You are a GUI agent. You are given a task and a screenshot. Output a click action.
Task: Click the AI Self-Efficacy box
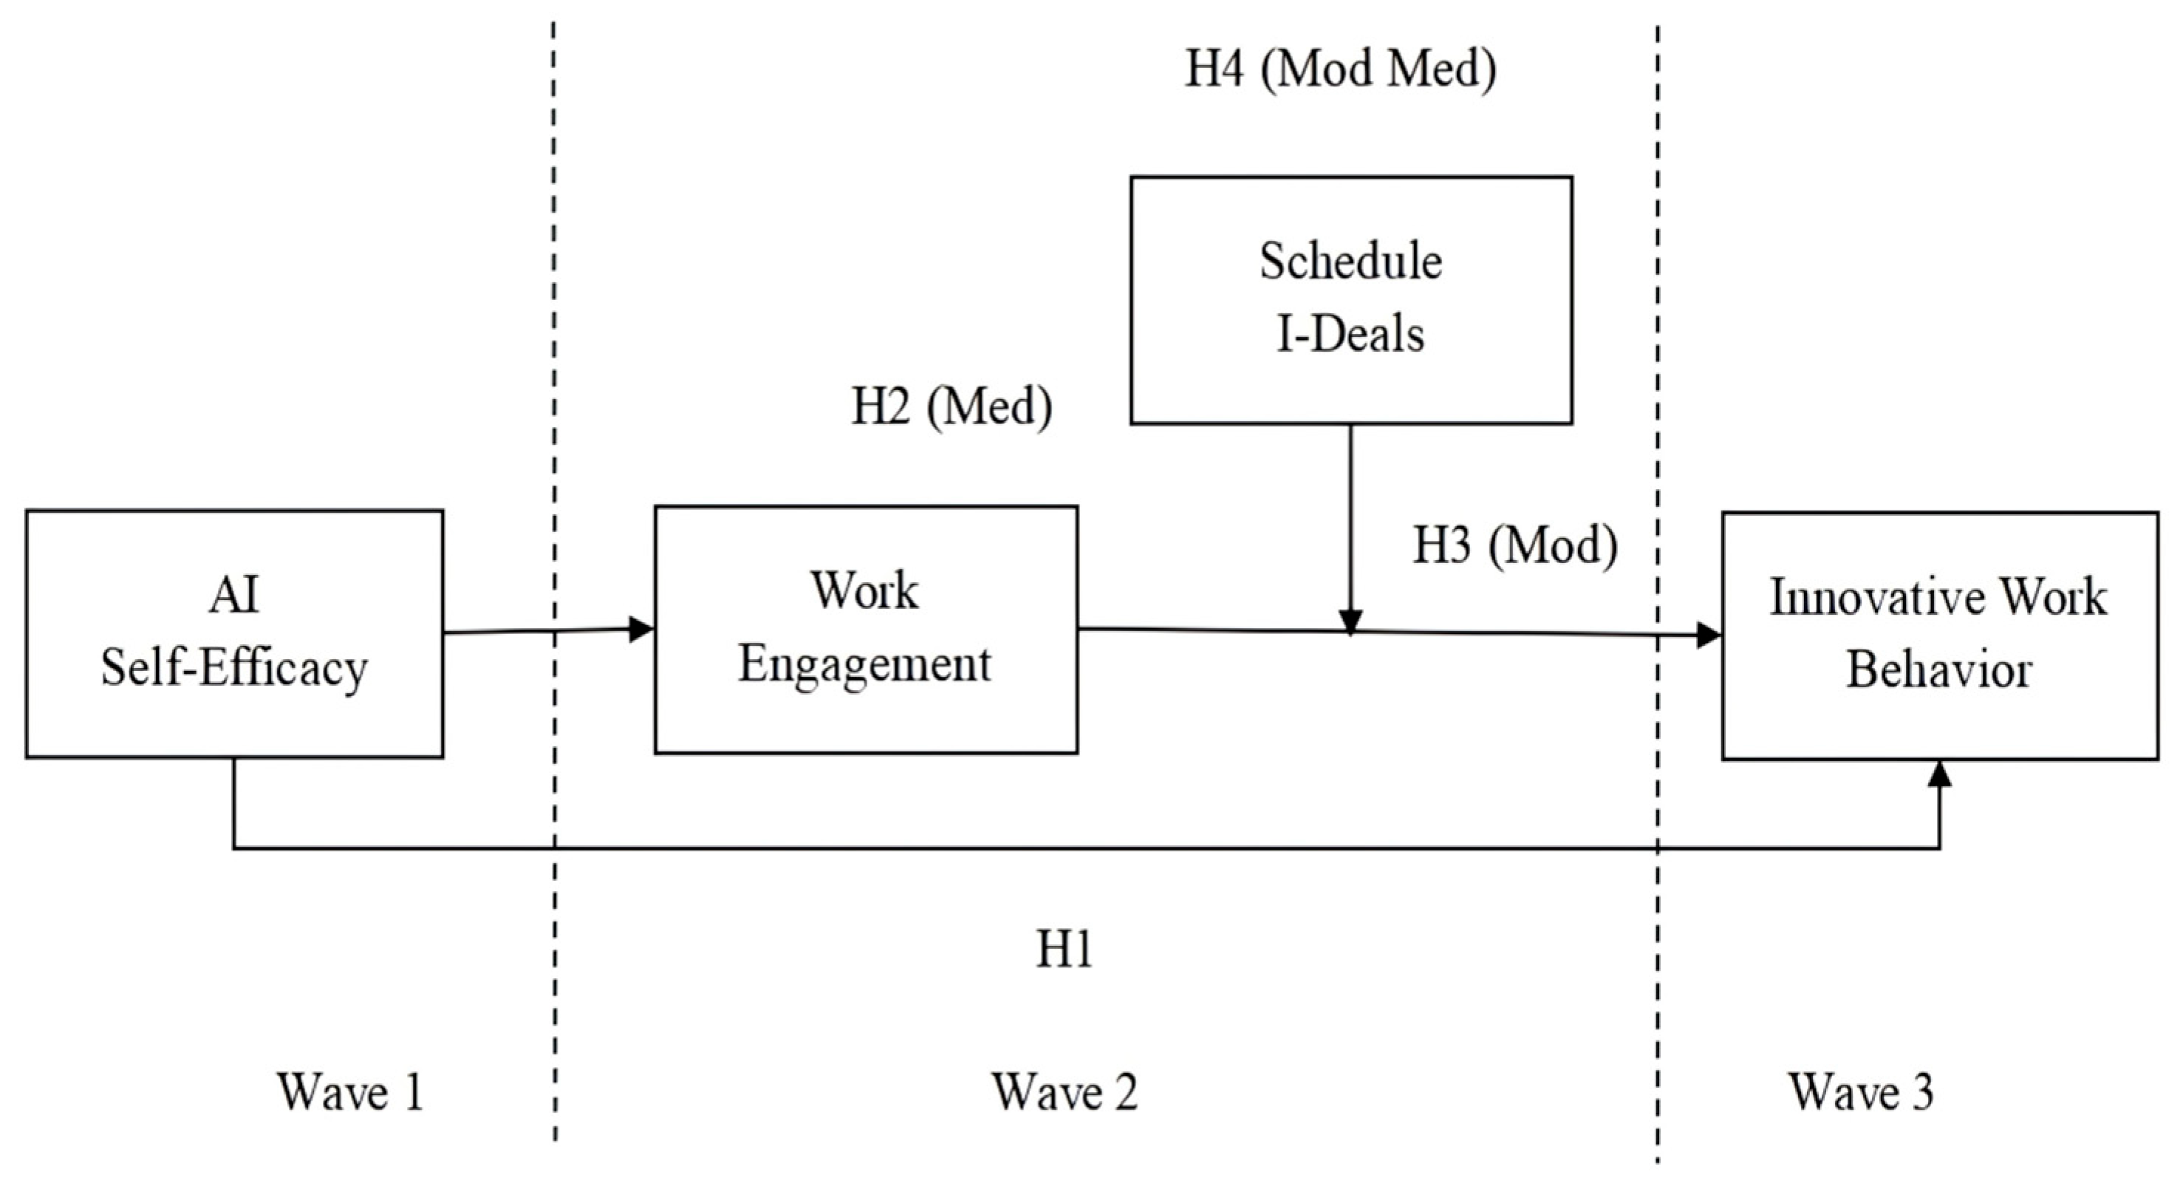pyautogui.click(x=234, y=633)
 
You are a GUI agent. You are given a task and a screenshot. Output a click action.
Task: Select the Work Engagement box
pyautogui.click(x=866, y=629)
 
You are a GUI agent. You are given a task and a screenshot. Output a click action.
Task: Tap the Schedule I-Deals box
pyautogui.click(x=1350, y=300)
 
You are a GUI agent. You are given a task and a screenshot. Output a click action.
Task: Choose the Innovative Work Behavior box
pyautogui.click(x=1940, y=635)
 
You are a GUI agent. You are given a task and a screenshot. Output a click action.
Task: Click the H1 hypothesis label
pyautogui.click(x=1065, y=950)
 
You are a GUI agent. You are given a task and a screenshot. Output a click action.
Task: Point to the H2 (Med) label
pyautogui.click(x=951, y=407)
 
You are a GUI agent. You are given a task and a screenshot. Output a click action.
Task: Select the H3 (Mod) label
pyautogui.click(x=1515, y=546)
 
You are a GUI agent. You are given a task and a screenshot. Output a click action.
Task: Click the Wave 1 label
pyautogui.click(x=349, y=1092)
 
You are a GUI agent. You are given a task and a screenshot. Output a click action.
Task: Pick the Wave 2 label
pyautogui.click(x=1065, y=1092)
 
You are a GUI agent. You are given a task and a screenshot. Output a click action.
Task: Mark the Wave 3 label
pyautogui.click(x=1861, y=1092)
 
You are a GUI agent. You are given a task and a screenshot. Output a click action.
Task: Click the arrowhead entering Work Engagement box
pyautogui.click(x=643, y=629)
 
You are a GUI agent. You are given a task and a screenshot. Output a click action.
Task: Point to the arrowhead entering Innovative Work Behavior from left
pyautogui.click(x=1709, y=635)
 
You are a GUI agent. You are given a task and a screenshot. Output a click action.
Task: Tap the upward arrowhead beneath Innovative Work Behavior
pyautogui.click(x=1940, y=772)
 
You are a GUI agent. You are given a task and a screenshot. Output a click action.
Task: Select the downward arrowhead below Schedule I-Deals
pyautogui.click(x=1350, y=621)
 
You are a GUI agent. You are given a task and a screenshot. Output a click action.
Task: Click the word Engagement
pyautogui.click(x=864, y=664)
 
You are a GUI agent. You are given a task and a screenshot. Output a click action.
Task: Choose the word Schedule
pyautogui.click(x=1350, y=262)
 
